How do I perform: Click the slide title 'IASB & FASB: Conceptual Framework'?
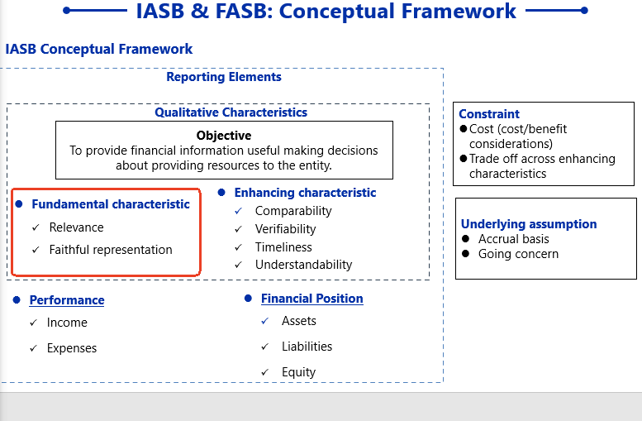(326, 12)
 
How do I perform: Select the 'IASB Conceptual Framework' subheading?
(99, 49)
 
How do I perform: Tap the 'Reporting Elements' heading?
(224, 77)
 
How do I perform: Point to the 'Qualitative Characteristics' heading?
(231, 112)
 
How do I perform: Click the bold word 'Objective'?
(224, 135)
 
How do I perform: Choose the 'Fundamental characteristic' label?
(111, 204)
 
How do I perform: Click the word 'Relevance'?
(77, 227)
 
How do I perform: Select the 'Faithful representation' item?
(111, 250)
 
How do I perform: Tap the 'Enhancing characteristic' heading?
(305, 193)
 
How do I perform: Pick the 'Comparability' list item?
(293, 211)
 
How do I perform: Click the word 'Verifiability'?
(285, 229)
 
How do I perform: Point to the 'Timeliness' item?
(283, 247)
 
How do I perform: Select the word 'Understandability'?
(303, 265)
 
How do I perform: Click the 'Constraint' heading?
(489, 114)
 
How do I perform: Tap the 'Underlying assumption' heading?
(529, 224)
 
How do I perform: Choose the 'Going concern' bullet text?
(518, 254)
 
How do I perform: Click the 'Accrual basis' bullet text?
(514, 239)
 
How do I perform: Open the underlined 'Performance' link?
(67, 300)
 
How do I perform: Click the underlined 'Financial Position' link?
(311, 299)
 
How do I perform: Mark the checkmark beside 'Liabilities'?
(265, 347)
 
